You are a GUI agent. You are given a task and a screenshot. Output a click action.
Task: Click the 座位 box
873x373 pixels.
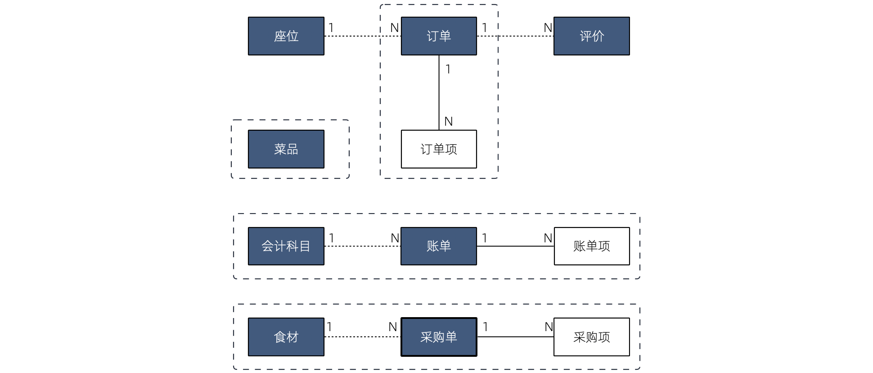[x=286, y=36]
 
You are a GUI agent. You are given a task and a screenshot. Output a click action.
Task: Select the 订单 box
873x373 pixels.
[x=439, y=36]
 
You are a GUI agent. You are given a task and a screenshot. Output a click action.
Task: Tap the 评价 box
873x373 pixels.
[x=591, y=36]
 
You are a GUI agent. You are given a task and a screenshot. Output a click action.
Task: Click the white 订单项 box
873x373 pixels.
[x=439, y=149]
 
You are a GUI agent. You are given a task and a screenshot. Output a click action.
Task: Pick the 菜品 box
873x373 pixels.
[x=286, y=149]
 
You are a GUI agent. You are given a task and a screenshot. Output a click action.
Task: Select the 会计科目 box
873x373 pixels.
[x=286, y=246]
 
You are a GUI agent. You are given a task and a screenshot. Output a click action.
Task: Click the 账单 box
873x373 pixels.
[x=439, y=246]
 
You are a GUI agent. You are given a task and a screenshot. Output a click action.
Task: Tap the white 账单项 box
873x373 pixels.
[x=591, y=246]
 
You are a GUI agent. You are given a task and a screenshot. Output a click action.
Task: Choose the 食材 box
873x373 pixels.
[x=286, y=337]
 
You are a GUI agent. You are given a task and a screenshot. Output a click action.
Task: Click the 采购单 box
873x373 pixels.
[x=439, y=337]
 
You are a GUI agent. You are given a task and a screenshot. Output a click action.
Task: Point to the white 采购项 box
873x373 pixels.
[x=591, y=337]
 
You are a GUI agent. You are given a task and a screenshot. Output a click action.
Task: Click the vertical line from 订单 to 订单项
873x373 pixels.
[x=439, y=95]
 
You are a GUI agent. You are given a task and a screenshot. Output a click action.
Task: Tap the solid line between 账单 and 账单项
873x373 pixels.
[x=515, y=246]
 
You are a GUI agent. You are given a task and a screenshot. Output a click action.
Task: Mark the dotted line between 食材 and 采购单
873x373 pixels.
[x=362, y=337]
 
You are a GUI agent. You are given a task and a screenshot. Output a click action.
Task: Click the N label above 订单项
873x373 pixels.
[x=448, y=122]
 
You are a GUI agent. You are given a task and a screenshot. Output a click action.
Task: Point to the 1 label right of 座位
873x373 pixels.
[x=331, y=28]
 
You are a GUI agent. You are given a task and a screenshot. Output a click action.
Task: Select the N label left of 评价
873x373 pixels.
[x=548, y=28]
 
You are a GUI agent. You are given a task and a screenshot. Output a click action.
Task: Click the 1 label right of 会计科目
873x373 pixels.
[x=332, y=238]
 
